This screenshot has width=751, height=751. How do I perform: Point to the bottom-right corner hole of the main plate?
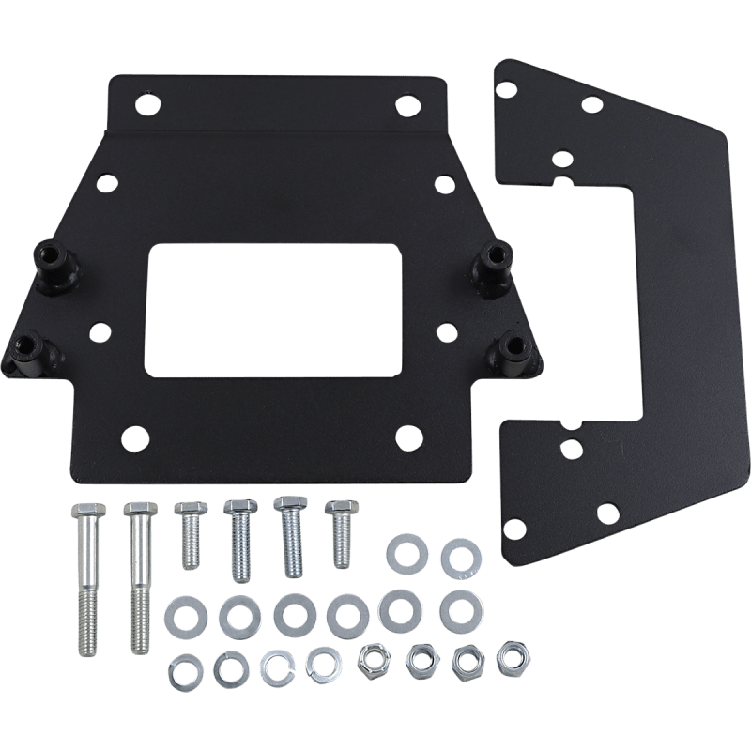pos(406,436)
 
